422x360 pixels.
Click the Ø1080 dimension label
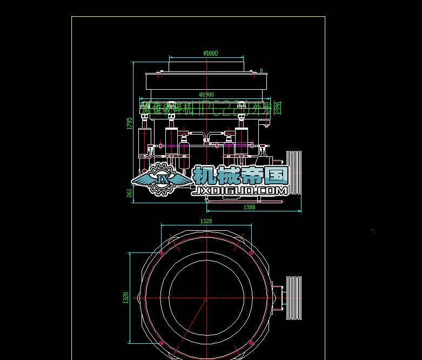211,53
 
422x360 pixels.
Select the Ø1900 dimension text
206,95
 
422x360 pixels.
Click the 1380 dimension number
249,207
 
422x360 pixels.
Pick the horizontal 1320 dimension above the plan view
206,221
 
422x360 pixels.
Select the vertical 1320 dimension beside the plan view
126,297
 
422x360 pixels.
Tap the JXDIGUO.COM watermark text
240,190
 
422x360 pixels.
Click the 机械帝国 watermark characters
240,175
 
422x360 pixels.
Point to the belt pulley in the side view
294,172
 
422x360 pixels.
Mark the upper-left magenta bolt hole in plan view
161,252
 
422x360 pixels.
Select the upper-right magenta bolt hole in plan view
251,252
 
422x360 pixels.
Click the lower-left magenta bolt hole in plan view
161,343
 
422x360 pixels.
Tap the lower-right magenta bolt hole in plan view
251,343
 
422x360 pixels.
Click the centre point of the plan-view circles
206,298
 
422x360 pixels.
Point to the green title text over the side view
211,108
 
